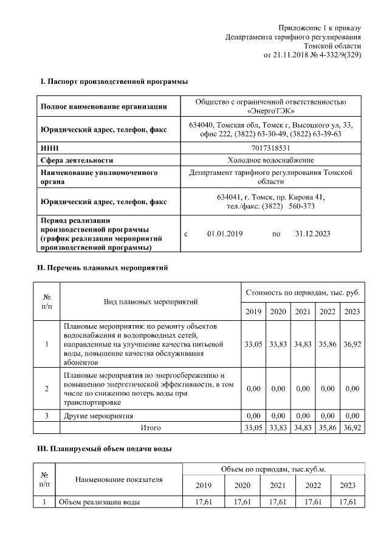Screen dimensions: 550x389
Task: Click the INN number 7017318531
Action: point(270,147)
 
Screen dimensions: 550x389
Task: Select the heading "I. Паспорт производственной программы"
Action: point(114,81)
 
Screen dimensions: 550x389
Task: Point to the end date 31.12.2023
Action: point(313,233)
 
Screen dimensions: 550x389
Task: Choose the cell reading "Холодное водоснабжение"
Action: point(270,160)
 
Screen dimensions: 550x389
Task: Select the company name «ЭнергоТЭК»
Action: point(271,111)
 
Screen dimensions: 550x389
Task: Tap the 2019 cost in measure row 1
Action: point(253,344)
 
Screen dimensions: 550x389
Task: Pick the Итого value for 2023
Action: point(352,428)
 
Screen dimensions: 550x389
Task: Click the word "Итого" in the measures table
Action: point(151,428)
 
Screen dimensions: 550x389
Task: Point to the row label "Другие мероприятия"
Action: point(98,416)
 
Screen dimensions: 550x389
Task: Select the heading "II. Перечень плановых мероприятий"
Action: point(103,267)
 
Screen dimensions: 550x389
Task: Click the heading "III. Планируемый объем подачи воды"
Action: point(105,449)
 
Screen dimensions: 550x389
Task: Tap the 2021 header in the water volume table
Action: point(278,485)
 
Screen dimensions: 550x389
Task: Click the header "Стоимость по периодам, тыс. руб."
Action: point(302,293)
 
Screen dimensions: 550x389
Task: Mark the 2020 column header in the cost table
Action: point(278,312)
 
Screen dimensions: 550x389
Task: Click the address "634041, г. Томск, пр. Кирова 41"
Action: point(270,197)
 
